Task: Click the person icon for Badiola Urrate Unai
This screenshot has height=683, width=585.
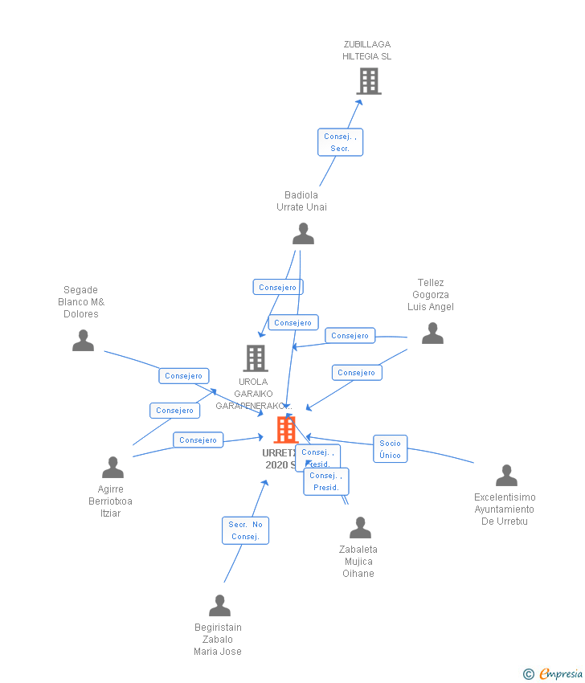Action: (303, 234)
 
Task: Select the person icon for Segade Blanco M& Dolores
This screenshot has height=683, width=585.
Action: (83, 341)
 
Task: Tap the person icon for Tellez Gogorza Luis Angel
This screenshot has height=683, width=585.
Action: (432, 333)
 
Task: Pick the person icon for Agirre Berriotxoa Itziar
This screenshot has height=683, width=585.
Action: (112, 468)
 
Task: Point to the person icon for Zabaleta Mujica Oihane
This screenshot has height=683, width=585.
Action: (360, 528)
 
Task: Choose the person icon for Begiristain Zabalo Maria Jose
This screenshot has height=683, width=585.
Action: (219, 606)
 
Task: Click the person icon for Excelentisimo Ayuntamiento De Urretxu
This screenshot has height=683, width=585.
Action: (506, 476)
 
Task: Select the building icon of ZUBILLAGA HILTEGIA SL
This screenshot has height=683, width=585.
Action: (368, 81)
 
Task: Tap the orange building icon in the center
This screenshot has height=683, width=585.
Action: (285, 430)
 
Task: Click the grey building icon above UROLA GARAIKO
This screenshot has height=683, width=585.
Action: (255, 358)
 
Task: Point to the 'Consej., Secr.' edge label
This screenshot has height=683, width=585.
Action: (340, 142)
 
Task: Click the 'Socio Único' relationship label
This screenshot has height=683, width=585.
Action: (390, 449)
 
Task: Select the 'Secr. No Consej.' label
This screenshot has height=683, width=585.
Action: (245, 530)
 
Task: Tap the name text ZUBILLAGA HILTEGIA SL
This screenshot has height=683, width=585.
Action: (367, 51)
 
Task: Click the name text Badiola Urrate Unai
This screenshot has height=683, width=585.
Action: (301, 201)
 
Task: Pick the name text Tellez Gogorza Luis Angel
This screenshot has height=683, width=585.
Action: (431, 295)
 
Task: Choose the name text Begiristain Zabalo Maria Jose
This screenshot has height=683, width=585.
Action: (218, 640)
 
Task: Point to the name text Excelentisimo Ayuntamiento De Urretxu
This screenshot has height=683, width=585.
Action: (505, 509)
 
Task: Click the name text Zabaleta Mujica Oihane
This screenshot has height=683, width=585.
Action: (358, 562)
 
